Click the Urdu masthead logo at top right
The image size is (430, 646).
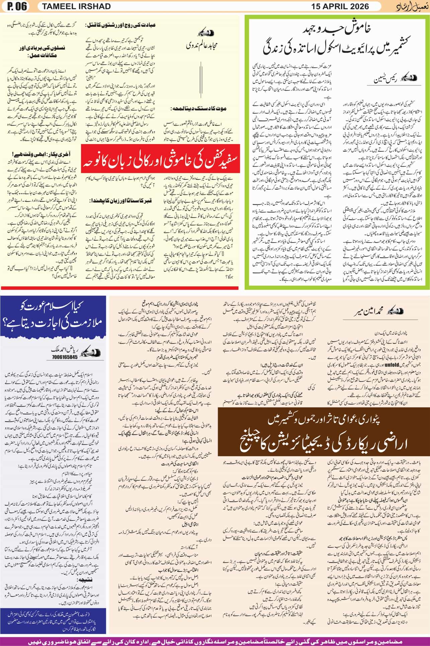pos(410,6)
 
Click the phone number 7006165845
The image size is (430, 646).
pos(65,357)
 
